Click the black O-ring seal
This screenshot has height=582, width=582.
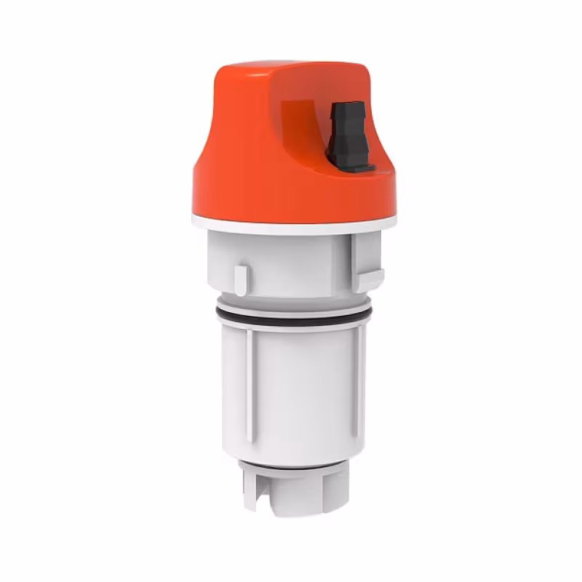click(291, 314)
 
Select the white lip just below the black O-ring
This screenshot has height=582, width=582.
click(291, 325)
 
